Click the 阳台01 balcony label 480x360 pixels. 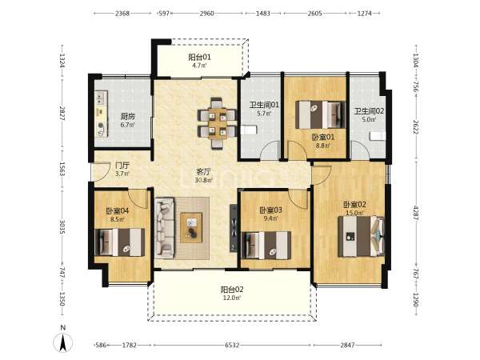pos(199,57)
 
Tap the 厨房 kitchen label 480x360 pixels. pos(128,116)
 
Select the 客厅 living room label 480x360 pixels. pos(203,172)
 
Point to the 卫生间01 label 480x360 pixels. pos(264,105)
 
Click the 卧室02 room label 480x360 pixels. pos(354,204)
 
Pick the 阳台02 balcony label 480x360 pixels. pos(232,290)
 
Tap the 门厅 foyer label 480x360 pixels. pos(122,166)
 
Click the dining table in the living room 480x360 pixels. pos(218,123)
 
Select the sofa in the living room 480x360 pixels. pos(165,227)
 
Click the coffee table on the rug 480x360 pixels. pos(191,228)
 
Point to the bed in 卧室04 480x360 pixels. pos(120,242)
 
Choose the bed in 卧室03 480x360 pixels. pos(266,246)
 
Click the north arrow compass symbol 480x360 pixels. pos(62,342)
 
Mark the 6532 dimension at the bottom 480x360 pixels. pos(232,345)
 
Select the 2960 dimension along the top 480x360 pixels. pos(207,13)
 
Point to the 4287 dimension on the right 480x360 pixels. pos(416,213)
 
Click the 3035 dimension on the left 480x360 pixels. pos(62,227)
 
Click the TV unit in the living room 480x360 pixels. pos(234,228)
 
